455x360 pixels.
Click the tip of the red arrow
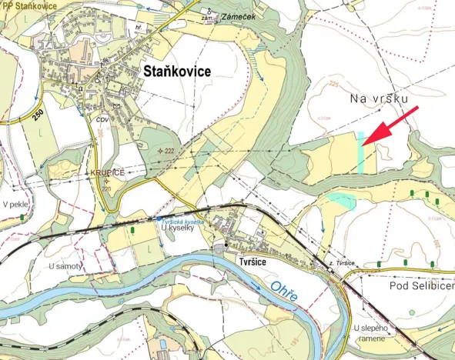tap(363, 142)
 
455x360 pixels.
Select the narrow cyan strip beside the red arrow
tap(360, 152)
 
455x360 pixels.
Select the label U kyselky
tap(175, 229)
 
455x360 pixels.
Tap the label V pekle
tap(15, 205)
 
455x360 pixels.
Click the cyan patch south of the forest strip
tap(341, 201)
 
